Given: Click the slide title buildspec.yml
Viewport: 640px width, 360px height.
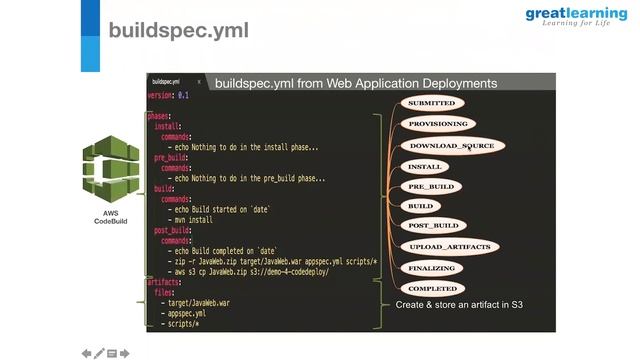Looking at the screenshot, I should click(x=178, y=31).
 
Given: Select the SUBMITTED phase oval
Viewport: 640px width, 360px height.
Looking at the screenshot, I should click(x=431, y=103).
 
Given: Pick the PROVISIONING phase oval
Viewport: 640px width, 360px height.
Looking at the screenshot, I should click(x=438, y=124).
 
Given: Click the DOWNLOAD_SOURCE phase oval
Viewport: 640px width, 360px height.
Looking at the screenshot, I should click(x=452, y=145).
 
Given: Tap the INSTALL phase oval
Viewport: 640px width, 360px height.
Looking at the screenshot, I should click(x=425, y=166).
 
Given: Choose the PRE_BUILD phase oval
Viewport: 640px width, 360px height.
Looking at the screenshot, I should click(x=431, y=186).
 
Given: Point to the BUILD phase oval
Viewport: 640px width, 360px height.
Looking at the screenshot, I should click(x=420, y=206).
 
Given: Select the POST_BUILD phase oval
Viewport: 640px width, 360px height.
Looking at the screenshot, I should click(x=434, y=226).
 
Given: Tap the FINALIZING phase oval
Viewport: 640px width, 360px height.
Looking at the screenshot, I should click(x=432, y=268).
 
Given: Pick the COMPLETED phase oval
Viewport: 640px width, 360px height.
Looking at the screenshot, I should click(x=432, y=289).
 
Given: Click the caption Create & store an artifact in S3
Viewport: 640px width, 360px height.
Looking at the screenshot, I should click(x=459, y=304).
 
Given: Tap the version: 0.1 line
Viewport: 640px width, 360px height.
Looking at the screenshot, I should click(x=169, y=95).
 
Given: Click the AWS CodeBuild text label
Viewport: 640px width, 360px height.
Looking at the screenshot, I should click(x=112, y=217).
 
